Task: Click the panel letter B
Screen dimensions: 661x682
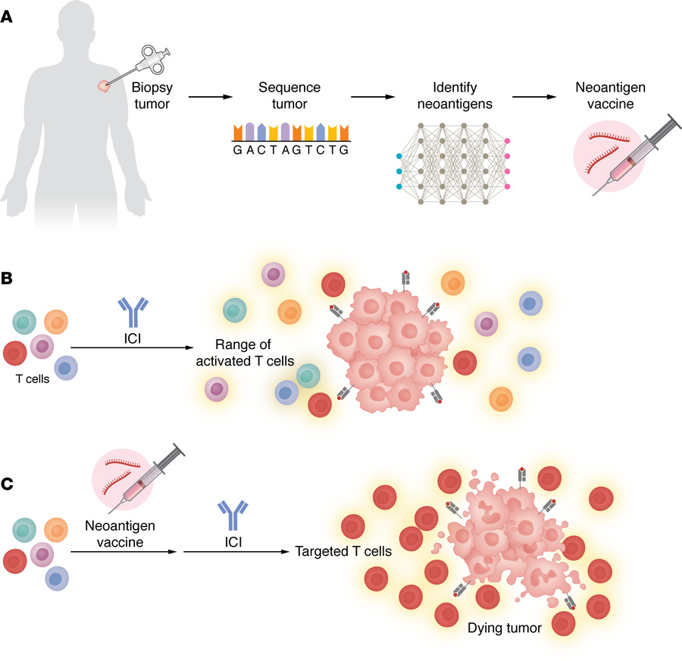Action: tap(8, 279)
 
